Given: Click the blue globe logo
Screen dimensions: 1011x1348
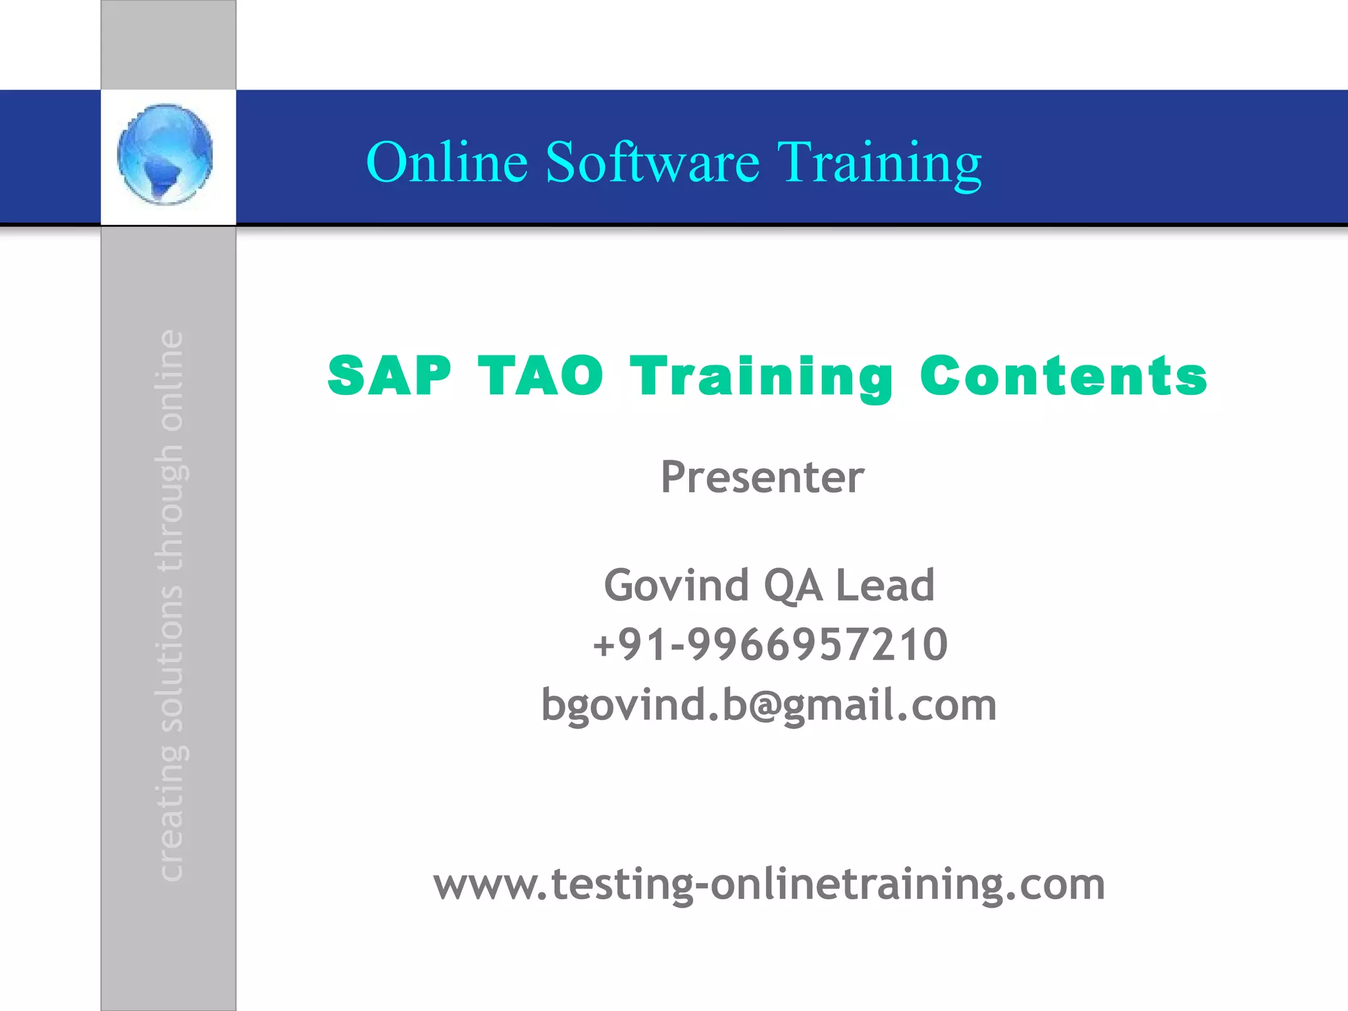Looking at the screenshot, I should (x=165, y=155).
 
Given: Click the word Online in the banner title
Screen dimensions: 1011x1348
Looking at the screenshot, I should (x=447, y=162).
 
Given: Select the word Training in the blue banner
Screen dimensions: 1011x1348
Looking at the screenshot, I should (x=879, y=163).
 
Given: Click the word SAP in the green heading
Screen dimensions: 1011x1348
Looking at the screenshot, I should (x=390, y=376).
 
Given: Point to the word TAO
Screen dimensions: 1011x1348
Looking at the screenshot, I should (x=540, y=376).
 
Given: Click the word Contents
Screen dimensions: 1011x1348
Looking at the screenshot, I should (x=1064, y=376).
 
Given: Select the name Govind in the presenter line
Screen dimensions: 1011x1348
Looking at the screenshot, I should (x=676, y=584).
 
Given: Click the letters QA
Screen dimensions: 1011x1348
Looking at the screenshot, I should (x=792, y=585).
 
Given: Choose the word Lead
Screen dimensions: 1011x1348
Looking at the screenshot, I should (x=885, y=584).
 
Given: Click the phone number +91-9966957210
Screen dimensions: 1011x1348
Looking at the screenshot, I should (x=770, y=644).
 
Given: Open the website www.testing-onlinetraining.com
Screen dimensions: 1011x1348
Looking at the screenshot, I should (x=769, y=884).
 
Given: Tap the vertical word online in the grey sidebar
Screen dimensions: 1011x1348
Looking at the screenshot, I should (x=170, y=380).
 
